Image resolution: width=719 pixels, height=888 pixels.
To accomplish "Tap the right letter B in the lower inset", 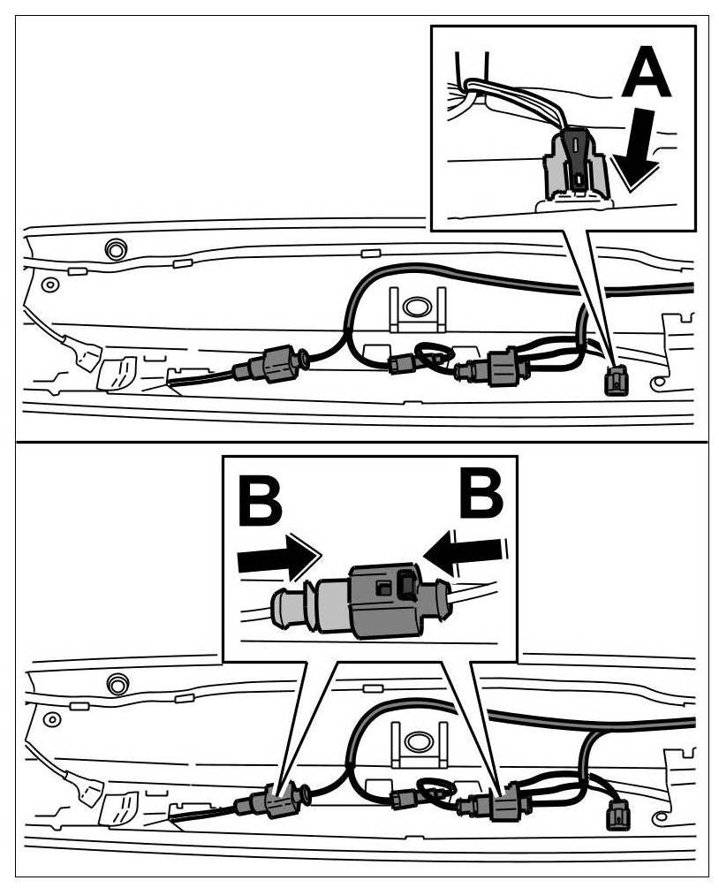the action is pyautogui.click(x=481, y=497).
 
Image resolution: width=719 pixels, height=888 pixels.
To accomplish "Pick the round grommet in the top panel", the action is pyautogui.click(x=114, y=248).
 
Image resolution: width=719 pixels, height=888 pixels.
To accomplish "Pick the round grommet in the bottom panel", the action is pyautogui.click(x=114, y=681).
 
